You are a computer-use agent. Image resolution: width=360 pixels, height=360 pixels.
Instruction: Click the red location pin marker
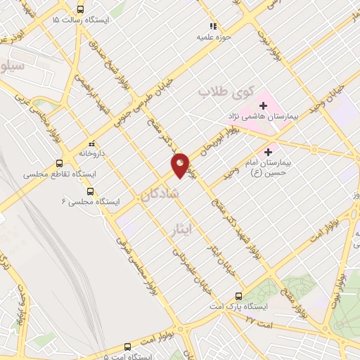(x=181, y=165)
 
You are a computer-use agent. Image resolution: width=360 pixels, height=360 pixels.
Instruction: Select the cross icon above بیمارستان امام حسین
(x=267, y=150)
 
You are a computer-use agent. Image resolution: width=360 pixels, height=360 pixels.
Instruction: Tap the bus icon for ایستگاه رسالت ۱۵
(x=80, y=10)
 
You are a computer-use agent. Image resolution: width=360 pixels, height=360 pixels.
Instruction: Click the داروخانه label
(x=91, y=152)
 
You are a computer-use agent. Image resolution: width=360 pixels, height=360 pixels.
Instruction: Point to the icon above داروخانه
(x=91, y=142)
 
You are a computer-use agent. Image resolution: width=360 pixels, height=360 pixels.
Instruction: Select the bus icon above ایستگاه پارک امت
(x=238, y=296)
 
